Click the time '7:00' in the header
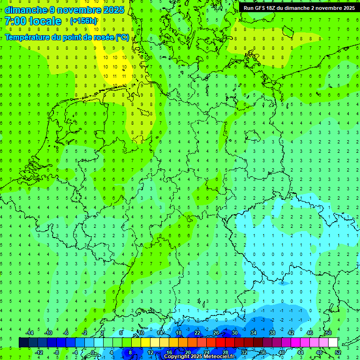[15, 21]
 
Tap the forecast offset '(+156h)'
[83, 21]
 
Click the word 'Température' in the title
[29, 37]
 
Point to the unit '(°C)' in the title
[122, 37]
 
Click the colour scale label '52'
[337, 352]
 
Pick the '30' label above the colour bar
[235, 333]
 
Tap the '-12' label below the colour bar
[38, 352]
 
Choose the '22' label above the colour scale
[197, 333]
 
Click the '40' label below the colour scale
[281, 352]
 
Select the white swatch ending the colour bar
[333, 343]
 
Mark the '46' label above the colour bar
[310, 333]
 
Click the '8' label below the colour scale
[130, 352]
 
